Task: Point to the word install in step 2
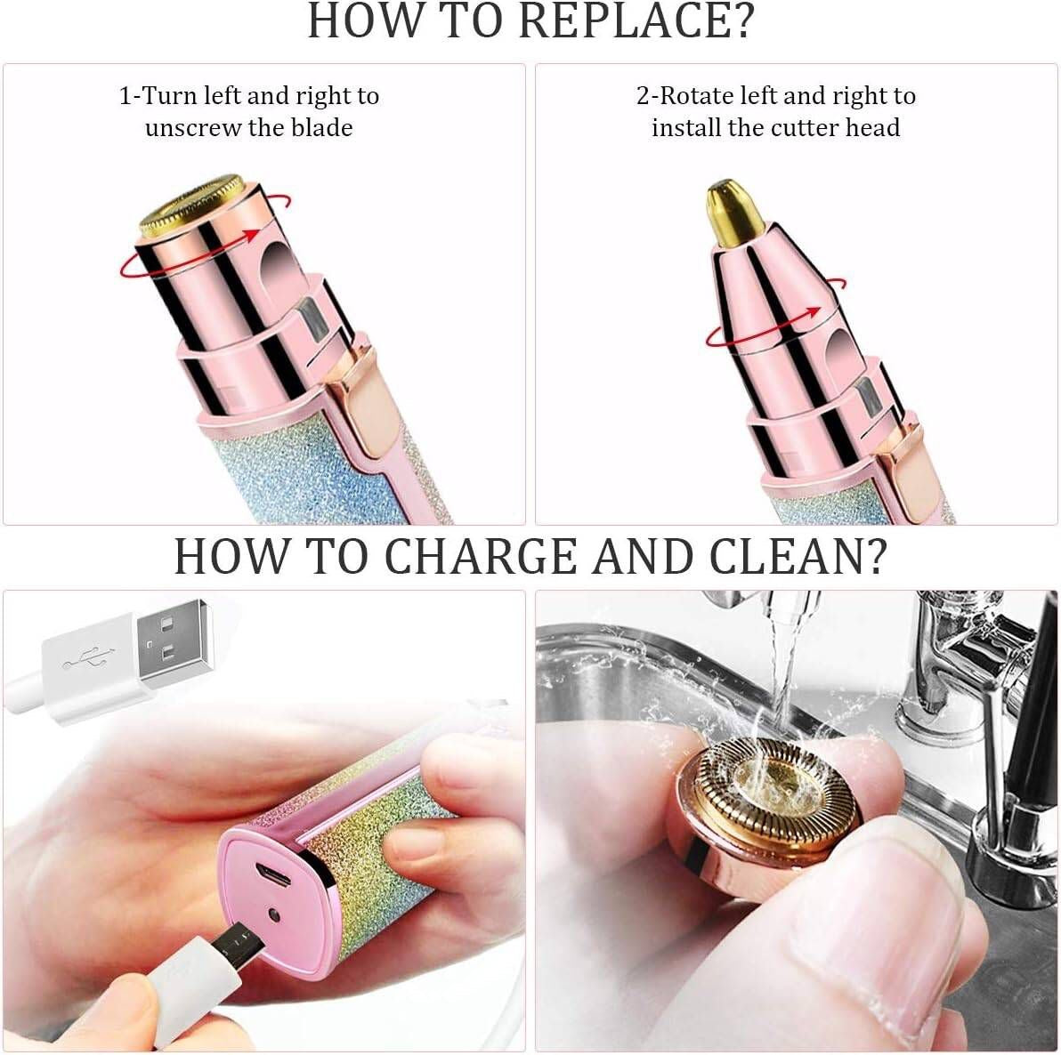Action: point(685,128)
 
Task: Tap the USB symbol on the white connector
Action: point(85,662)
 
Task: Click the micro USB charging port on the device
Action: point(274,877)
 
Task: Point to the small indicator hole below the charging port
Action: point(275,915)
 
